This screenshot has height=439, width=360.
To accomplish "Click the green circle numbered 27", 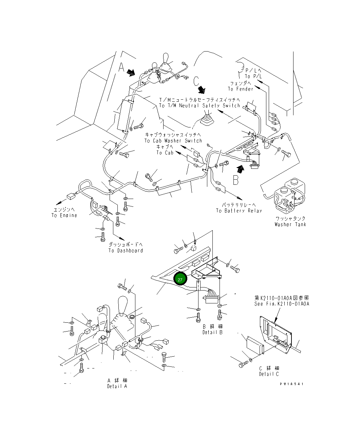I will coord(180,279).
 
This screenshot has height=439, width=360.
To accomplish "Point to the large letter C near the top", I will coord(196,81).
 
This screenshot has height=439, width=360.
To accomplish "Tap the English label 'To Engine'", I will coord(64,215).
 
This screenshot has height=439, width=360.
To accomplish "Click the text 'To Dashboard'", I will coord(126,251).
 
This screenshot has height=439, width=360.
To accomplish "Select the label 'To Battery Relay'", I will coord(239,211).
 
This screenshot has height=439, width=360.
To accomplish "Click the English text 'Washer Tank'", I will coord(290,224).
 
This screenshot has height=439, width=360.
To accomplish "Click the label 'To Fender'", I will coord(241,89).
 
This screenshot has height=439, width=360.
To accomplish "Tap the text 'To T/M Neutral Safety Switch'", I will coord(200,105).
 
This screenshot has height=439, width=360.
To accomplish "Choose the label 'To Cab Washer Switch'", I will coord(173,141).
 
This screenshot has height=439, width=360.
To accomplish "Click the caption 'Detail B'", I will coord(212,332).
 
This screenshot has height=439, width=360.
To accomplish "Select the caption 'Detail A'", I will coord(117,386).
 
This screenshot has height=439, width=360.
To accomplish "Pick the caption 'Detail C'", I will coord(269,374).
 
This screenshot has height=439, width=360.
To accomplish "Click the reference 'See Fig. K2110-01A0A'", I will coord(282,304).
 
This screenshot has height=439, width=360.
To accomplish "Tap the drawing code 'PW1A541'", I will coord(291,384).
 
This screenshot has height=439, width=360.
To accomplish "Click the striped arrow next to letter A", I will coord(131,72).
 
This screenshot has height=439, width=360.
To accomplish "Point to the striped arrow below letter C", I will coord(202,89).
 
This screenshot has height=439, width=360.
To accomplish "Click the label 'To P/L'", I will coord(254,77).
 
